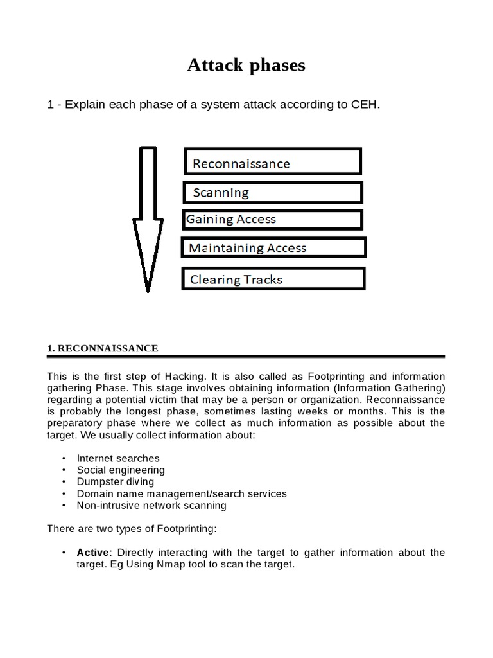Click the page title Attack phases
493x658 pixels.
coord(246,65)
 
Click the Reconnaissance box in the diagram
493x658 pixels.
coord(273,161)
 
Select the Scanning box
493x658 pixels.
coord(273,192)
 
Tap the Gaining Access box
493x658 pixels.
coord(273,219)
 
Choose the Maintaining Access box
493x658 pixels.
coord(274,247)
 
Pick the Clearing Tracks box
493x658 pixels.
coord(274,279)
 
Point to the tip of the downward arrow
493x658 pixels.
coord(148,289)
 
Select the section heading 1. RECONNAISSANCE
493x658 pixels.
coord(103,348)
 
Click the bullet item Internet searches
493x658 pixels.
coord(118,458)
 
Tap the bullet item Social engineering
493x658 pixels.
coord(121,470)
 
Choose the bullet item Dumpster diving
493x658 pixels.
coord(116,481)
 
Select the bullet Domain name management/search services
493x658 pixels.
coord(182,493)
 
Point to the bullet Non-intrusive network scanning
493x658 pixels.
coord(151,505)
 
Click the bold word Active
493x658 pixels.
coord(94,553)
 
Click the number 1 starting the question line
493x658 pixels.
coord(50,105)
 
